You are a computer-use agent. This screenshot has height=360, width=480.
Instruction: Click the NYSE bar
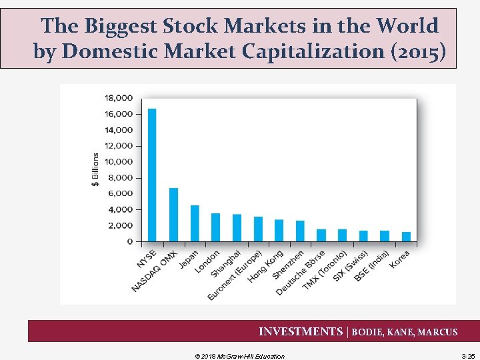[x=152, y=175]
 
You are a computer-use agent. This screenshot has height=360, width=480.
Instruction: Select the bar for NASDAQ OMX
[x=173, y=215]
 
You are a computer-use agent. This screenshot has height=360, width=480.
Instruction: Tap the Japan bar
[x=195, y=223]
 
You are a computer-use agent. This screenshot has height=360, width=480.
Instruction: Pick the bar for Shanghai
[x=237, y=228]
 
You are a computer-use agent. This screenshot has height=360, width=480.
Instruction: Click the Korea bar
[x=406, y=237]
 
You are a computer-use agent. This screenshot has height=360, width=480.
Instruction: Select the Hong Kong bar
[x=279, y=230]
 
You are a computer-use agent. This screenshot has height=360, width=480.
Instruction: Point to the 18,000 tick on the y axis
[x=118, y=98]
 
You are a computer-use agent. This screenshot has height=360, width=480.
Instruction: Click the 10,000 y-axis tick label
[x=118, y=162]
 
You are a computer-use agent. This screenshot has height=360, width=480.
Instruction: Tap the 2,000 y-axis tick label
[x=120, y=225]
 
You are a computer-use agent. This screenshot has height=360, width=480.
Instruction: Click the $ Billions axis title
[x=95, y=169]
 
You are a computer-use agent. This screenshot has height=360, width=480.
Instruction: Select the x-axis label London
[x=207, y=264]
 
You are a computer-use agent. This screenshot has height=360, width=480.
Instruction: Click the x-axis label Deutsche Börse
[x=301, y=274]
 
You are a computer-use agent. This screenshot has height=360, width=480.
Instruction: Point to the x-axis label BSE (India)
[x=371, y=265]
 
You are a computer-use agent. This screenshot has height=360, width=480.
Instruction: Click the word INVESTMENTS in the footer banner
[x=299, y=331]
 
